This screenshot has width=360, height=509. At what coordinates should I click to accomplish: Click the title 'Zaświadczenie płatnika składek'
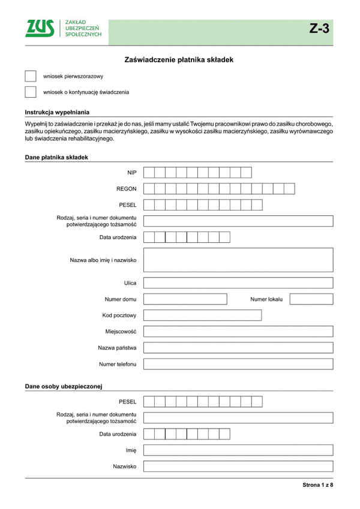pos(178,60)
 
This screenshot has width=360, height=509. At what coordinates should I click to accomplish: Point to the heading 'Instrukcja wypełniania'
pos(57,112)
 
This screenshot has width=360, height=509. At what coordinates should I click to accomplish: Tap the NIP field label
pos(132,173)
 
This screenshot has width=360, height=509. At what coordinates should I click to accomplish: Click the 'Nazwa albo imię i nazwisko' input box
pos(238,261)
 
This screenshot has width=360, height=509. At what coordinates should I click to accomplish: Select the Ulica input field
pos(238,282)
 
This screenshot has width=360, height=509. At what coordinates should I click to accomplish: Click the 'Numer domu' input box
pos(185,299)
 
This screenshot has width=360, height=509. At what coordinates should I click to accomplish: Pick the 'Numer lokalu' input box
pos(311,299)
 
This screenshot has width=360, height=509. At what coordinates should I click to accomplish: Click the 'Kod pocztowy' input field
pos(203,315)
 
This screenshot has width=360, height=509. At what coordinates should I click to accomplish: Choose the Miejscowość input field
pos(238,331)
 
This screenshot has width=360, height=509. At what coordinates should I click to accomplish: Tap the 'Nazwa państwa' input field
pos(238,348)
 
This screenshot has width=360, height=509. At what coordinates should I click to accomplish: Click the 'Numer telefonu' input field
pos(238,364)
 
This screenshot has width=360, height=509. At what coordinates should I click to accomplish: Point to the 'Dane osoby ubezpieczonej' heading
pos(64,386)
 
